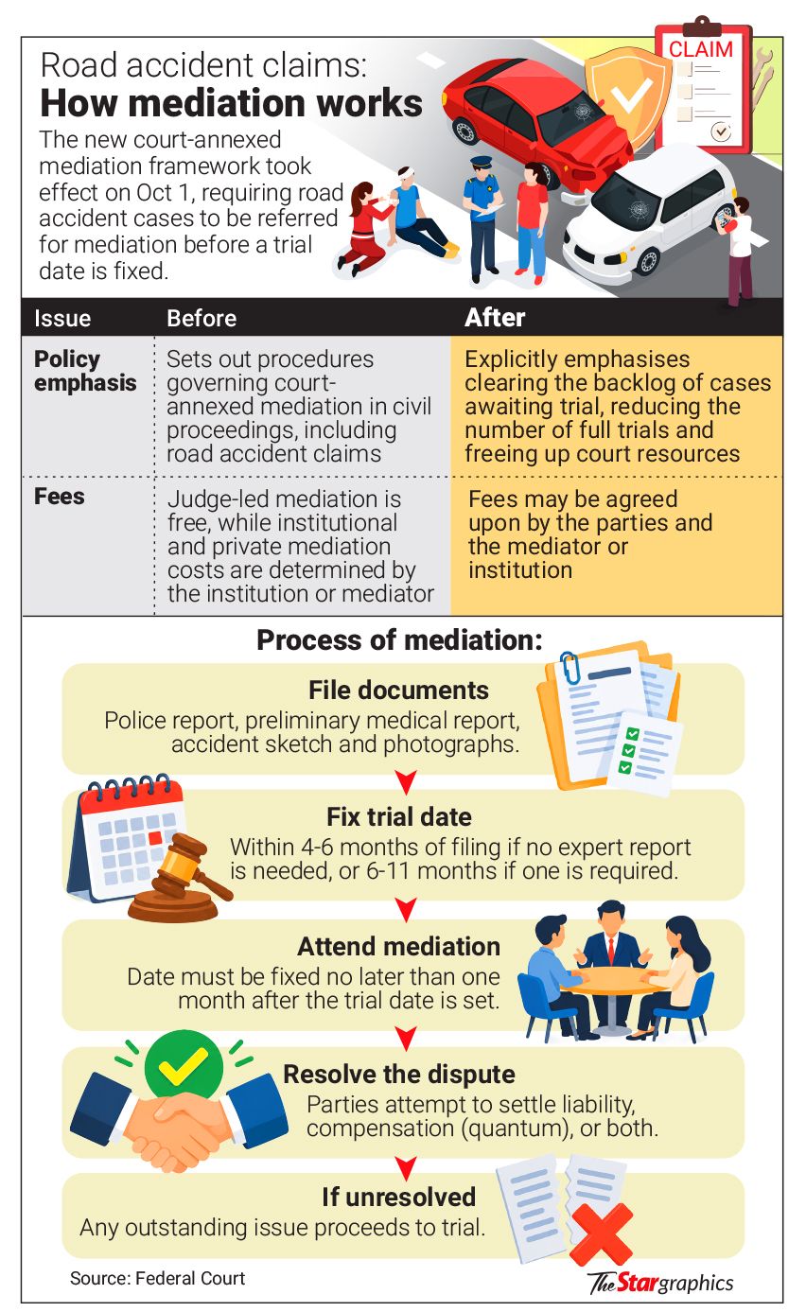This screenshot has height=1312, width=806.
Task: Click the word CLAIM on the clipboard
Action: coord(701,49)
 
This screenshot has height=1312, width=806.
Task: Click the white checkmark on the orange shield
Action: coord(631,96)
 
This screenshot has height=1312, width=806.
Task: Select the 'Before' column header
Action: coord(201,318)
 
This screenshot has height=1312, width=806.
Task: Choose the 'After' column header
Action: coord(495,318)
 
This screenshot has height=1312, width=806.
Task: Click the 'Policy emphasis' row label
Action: coord(85,371)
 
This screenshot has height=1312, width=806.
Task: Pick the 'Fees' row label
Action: coord(60,496)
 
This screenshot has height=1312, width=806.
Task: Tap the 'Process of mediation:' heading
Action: coord(399,639)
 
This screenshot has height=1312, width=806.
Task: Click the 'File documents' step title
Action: coord(398,690)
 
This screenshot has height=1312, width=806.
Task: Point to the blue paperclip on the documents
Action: coord(569,667)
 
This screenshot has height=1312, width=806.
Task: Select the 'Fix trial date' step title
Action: coord(399,816)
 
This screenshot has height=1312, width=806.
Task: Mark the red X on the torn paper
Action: coord(602,1234)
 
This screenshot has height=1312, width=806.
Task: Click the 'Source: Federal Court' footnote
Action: coord(158,1278)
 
